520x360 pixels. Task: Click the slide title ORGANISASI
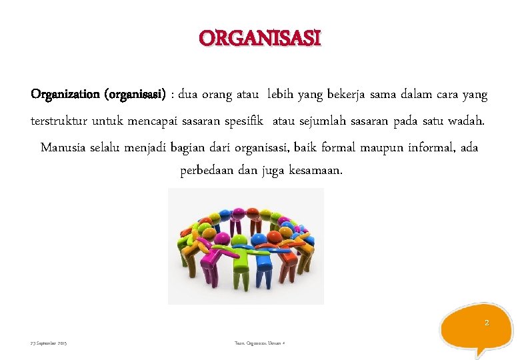260,38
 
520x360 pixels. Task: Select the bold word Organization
64,95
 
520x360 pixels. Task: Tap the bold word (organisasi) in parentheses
135,95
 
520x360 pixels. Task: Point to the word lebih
282,95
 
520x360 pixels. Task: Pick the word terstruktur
59,121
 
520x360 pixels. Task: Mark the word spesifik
245,121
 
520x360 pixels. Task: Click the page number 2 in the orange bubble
486,323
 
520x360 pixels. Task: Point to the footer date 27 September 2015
49,343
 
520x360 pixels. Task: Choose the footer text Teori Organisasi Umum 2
260,343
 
